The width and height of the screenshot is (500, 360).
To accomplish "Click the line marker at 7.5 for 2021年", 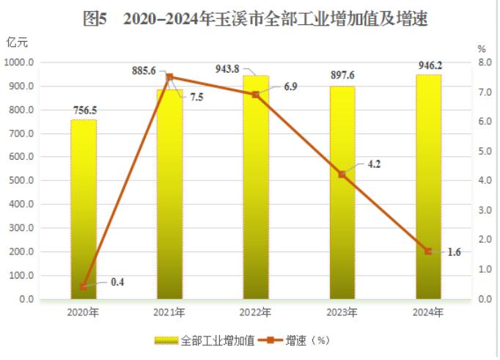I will pyautogui.click(x=169, y=77).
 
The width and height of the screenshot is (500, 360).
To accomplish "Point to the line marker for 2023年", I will pyautogui.click(x=342, y=175).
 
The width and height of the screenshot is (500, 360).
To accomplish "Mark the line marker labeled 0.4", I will pyautogui.click(x=84, y=287).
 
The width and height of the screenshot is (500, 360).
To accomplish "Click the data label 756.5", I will pyautogui.click(x=84, y=111).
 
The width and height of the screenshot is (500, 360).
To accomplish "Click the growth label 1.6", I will pyautogui.click(x=454, y=252).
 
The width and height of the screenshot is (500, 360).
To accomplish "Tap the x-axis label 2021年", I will pyautogui.click(x=169, y=312).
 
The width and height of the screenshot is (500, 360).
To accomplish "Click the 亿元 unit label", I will pyautogui.click(x=17, y=42).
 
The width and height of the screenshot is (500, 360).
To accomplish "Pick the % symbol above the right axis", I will pyautogui.click(x=482, y=48).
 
